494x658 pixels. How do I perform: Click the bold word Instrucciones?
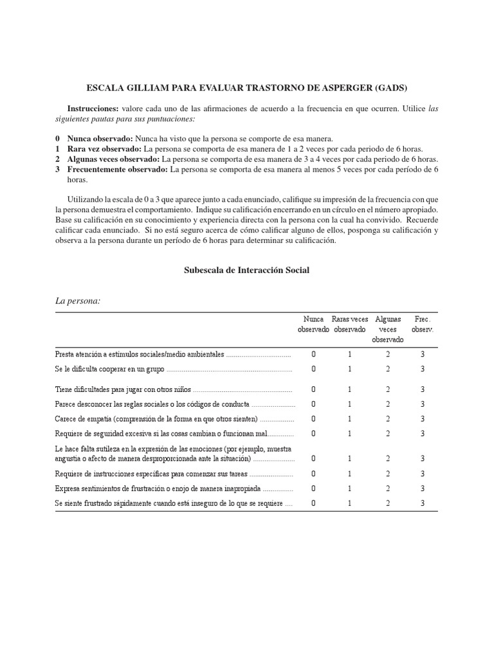(93, 109)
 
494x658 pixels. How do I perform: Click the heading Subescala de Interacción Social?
(247, 270)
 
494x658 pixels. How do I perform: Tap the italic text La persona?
(78, 301)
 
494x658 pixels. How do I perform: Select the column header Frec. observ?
(423, 324)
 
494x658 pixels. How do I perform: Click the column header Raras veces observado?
(350, 324)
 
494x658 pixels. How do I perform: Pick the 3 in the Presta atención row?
(423, 354)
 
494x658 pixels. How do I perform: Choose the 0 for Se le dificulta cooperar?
(313, 369)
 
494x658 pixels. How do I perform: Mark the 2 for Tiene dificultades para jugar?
(388, 389)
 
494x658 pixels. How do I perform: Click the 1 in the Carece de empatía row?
(350, 418)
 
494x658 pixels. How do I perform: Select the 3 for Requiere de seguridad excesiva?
(423, 433)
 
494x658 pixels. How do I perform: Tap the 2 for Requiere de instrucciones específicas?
(388, 474)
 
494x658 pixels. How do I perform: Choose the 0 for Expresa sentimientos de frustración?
(313, 488)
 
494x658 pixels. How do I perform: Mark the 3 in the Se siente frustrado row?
(423, 503)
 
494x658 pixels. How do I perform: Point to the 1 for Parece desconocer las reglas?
(350, 404)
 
